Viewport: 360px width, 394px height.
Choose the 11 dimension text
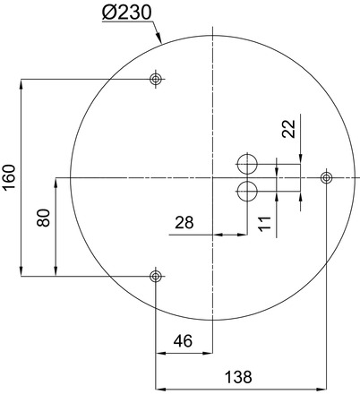pos(264,223)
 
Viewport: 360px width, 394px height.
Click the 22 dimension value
pos(288,129)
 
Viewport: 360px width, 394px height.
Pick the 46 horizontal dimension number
pos(184,340)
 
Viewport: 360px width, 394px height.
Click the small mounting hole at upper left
pos(156,80)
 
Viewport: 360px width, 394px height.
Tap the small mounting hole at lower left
pos(156,275)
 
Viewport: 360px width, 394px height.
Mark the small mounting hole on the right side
pos(325,177)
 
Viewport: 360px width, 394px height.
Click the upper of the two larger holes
pos(247,164)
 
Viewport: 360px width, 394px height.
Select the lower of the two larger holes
pos(247,190)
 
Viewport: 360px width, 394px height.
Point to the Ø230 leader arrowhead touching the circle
pos(160,41)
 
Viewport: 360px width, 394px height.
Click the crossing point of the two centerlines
pos(213,177)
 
